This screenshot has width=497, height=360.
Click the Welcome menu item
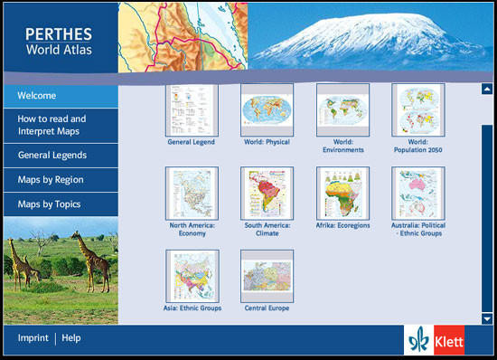(37, 96)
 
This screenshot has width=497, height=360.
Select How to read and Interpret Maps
(52, 124)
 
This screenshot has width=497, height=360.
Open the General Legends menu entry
(52, 156)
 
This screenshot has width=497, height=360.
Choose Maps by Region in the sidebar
(51, 180)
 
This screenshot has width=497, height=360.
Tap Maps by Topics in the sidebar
(50, 204)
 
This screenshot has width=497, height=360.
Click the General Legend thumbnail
(192, 109)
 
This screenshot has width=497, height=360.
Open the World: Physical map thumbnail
(267, 109)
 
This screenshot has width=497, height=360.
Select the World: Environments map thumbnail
(342, 109)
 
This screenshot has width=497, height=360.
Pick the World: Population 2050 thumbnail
(417, 109)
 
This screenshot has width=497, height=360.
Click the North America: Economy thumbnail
(192, 193)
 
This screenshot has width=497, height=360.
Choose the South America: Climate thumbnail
(267, 193)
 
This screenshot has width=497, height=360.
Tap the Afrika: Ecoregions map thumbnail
(342, 193)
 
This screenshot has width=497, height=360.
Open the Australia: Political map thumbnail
(417, 193)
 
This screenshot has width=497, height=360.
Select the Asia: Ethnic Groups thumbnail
(192, 276)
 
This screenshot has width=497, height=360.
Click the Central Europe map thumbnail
(267, 276)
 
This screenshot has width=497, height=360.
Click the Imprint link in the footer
(33, 338)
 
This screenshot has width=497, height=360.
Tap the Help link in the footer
(71, 338)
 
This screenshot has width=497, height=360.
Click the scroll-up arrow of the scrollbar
(487, 89)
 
